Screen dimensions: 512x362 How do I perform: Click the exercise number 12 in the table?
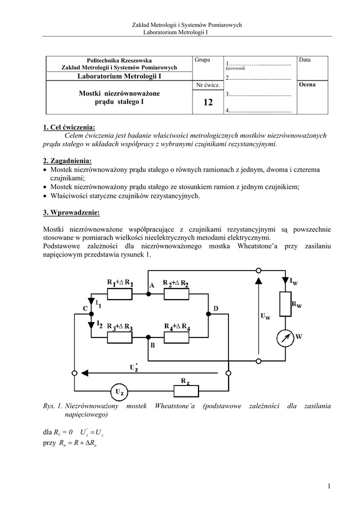(208, 102)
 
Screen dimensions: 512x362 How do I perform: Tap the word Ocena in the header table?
(307, 84)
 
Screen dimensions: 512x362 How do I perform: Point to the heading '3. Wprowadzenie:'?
(71, 213)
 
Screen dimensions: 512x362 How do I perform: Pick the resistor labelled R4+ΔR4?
(177, 337)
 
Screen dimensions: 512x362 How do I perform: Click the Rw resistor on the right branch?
(285, 304)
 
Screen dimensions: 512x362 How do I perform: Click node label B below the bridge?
(152, 345)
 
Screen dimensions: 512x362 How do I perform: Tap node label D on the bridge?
(216, 309)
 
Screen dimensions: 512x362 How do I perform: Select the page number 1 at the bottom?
(330, 485)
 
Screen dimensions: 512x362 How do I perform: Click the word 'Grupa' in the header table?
(202, 60)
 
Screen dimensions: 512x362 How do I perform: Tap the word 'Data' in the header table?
(304, 60)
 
